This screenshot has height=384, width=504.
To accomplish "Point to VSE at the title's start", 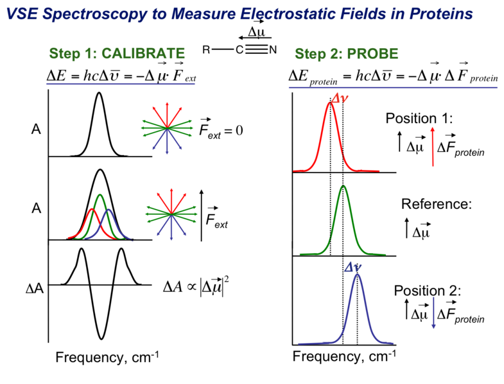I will pos(21,14).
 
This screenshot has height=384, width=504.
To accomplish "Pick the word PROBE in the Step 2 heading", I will pos(372,54).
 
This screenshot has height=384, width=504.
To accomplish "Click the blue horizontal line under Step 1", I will pos(120,84).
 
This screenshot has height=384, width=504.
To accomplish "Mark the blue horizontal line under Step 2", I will pos(393,88).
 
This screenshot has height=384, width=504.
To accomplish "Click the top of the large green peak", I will pos(343,187).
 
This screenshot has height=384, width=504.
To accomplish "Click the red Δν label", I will pos(340,96).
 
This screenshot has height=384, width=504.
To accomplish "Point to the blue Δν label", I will pos(353,267).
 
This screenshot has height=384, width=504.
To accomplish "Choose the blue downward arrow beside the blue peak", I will pos(433,313).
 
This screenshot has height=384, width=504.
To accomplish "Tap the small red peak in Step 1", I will pos(91,210).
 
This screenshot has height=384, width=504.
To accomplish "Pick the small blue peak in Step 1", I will pos(109,210).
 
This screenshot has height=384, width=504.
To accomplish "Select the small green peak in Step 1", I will pos(100,195).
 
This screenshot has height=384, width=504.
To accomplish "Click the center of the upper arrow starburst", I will pos(166,128).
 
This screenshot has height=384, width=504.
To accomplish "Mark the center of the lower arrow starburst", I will pos(171,213).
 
